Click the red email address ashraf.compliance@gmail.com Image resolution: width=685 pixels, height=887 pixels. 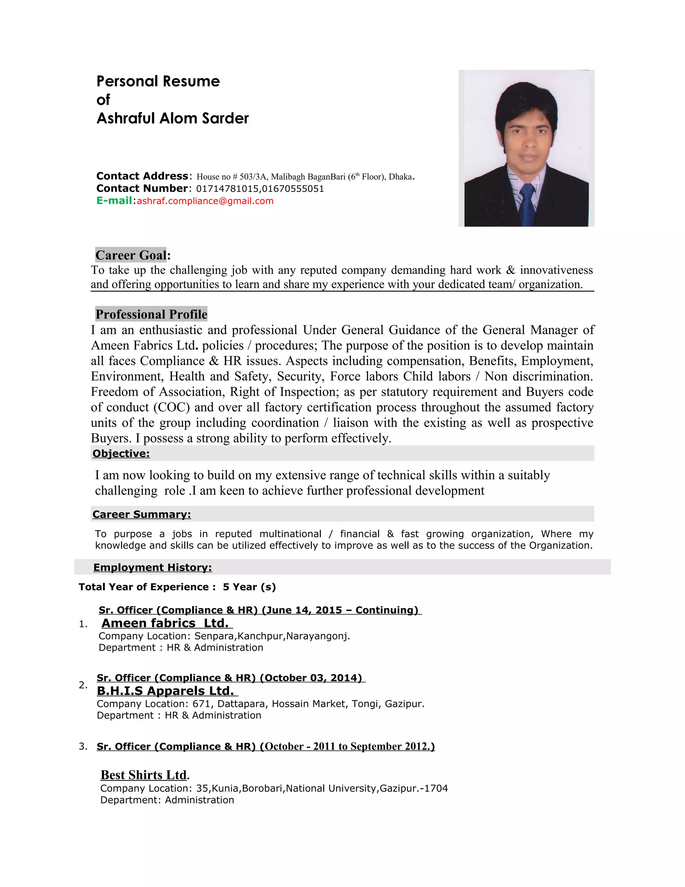[x=205, y=201]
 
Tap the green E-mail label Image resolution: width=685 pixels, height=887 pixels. [x=114, y=200]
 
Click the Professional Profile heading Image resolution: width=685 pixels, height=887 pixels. [x=152, y=314]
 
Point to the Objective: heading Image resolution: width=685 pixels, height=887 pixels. [x=121, y=454]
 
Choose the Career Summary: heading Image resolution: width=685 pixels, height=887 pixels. [x=141, y=514]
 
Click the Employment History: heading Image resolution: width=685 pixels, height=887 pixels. [x=153, y=567]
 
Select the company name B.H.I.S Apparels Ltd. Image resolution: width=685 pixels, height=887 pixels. [x=165, y=691]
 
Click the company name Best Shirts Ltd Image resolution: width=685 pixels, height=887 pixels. [x=144, y=775]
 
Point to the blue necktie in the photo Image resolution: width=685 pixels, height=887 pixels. [x=527, y=203]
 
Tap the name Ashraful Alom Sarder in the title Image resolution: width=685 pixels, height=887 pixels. [x=173, y=118]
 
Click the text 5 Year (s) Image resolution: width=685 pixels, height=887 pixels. [x=249, y=587]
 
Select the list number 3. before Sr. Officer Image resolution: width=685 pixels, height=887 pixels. [x=83, y=746]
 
